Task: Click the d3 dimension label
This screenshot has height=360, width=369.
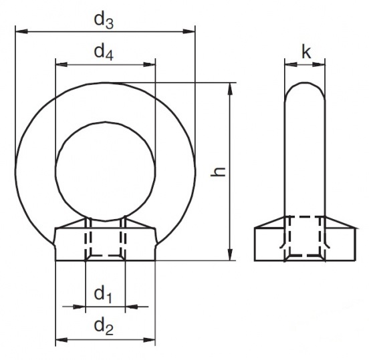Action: (x=104, y=21)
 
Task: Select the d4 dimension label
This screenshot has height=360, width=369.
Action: (x=104, y=52)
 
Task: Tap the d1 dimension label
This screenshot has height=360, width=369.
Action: (x=103, y=295)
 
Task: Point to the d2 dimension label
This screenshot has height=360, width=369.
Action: (x=104, y=327)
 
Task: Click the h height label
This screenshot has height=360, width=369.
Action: (x=218, y=172)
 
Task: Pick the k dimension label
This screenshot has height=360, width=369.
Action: (x=306, y=52)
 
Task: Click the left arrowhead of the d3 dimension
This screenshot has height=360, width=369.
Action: (x=21, y=31)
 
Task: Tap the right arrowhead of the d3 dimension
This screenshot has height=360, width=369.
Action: (x=189, y=31)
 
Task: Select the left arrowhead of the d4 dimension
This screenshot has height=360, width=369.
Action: (x=61, y=64)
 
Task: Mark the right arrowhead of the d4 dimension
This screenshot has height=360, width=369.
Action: (x=149, y=64)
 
